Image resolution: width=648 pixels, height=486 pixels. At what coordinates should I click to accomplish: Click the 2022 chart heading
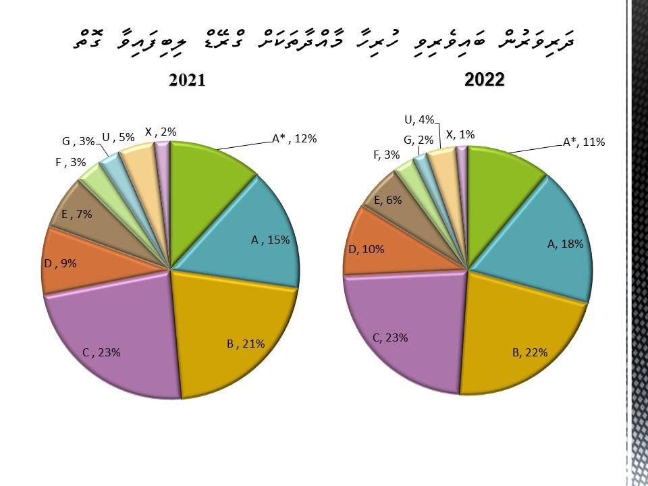pos(485,80)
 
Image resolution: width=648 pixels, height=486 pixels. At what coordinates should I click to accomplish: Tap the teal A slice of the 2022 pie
pos(540,230)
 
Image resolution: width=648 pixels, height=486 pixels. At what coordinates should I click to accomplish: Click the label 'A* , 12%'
pos(294,138)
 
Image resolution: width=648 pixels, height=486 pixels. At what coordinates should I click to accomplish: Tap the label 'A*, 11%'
pos(584,142)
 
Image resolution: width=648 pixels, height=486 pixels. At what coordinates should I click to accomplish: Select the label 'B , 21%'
pos(246,344)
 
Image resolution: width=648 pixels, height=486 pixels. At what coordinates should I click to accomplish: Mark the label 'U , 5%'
pos(119,137)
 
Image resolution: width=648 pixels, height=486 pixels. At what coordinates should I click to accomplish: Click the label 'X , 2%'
pos(161,132)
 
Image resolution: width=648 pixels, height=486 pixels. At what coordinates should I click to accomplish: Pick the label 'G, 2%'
pos(418,140)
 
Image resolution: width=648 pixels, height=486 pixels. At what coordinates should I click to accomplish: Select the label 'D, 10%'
pos(367,249)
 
